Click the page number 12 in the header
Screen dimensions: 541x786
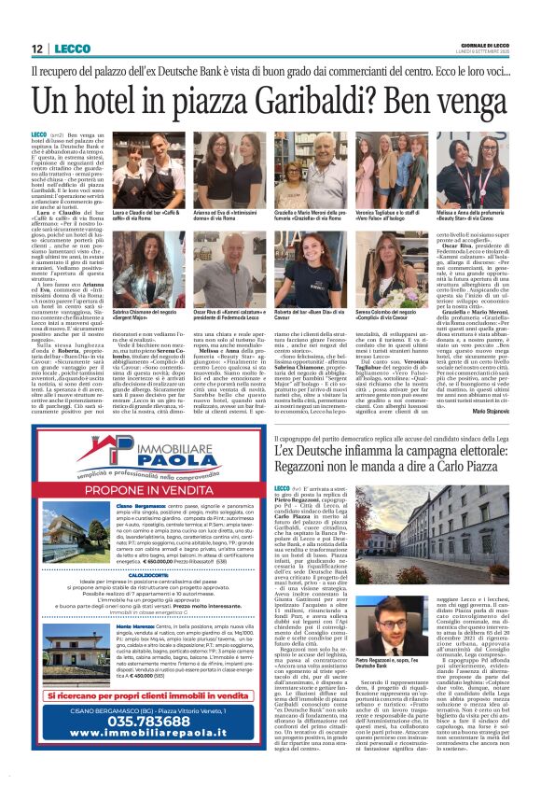pyautogui.click(x=36, y=49)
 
